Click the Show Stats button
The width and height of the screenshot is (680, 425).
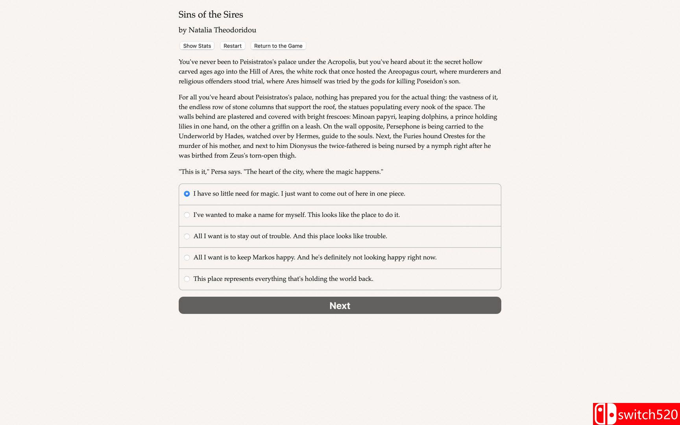tap(197, 46)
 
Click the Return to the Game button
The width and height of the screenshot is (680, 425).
tap(278, 46)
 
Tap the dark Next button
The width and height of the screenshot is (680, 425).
tap(340, 305)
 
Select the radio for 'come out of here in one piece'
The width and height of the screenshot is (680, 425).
tap(187, 194)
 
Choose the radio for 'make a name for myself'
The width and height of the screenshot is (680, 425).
tap(187, 215)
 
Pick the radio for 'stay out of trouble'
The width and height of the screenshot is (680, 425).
tap(187, 236)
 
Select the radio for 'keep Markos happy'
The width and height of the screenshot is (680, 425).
tap(187, 257)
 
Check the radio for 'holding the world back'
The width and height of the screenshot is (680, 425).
tap(187, 279)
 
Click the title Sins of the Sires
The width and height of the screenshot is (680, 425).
tap(211, 15)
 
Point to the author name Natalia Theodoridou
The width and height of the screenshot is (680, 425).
tap(222, 30)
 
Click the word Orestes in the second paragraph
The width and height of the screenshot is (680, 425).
tap(454, 136)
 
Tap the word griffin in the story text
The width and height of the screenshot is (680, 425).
tap(281, 126)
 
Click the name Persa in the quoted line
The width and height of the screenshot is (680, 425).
tap(218, 172)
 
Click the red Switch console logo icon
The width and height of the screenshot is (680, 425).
tap(605, 414)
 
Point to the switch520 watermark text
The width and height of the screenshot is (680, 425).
tap(648, 415)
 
